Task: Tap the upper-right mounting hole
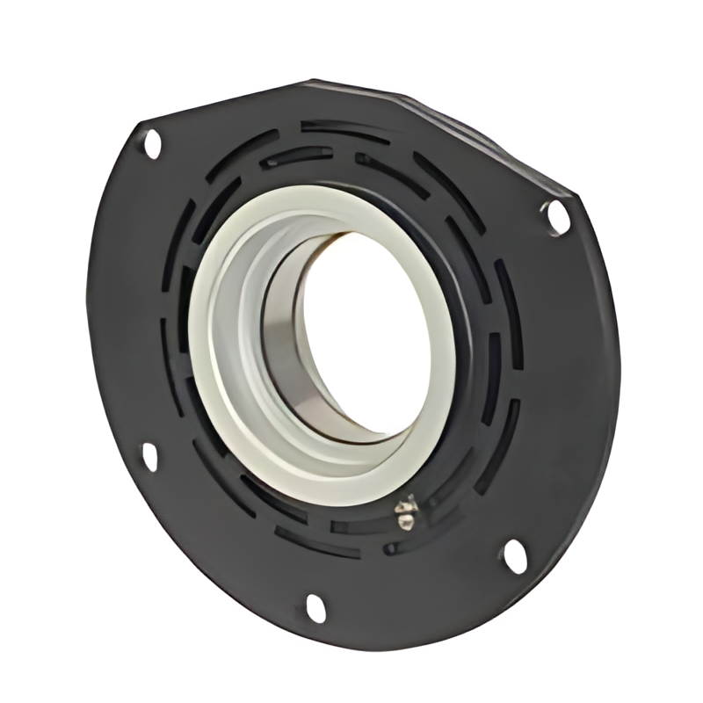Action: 556,216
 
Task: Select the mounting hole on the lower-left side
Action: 150,456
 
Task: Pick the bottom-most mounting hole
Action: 315,607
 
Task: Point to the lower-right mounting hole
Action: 514,555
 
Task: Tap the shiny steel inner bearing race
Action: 286,351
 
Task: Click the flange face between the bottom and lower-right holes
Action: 413,598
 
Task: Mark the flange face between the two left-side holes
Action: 123,299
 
